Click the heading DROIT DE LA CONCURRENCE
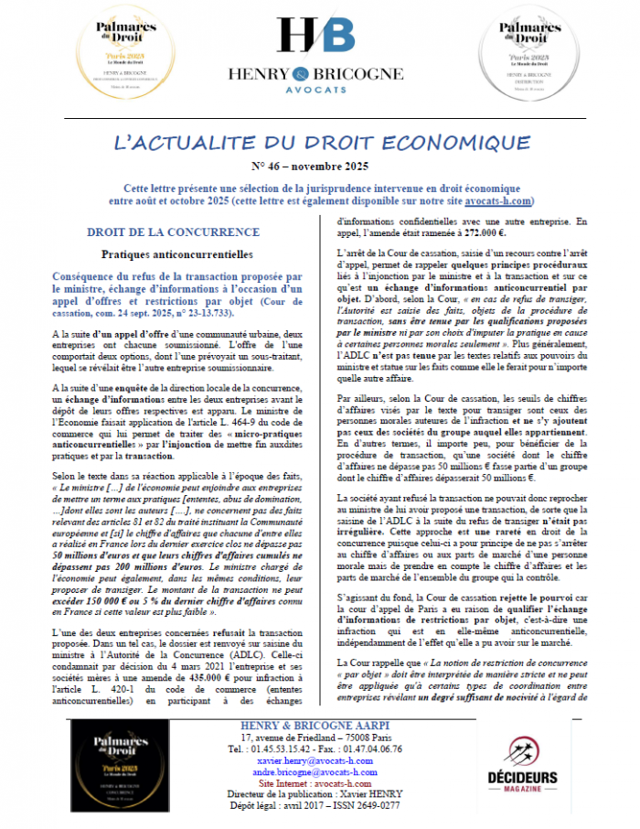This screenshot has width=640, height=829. tap(173, 232)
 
